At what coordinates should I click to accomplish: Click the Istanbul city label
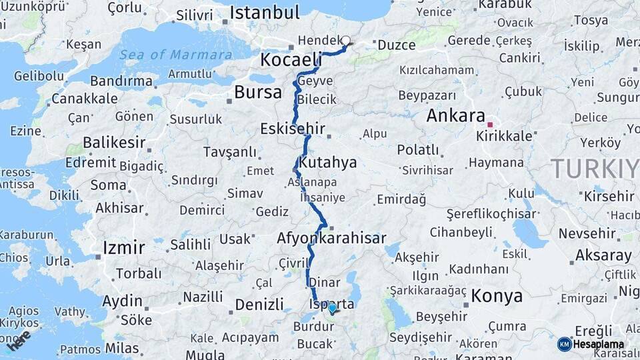tap(265, 13)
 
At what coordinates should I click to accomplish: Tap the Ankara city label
tap(455, 115)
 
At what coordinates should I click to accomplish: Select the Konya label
tap(497, 295)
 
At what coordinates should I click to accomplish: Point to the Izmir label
tap(123, 248)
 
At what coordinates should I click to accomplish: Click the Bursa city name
tap(258, 91)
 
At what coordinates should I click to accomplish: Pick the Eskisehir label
tap(293, 128)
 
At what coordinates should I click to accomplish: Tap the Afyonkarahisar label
tap(331, 238)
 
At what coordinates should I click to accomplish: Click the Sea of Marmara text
tap(176, 54)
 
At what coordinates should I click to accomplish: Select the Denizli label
tap(259, 305)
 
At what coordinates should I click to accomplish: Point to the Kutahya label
tap(328, 162)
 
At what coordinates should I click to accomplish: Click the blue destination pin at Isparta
tap(332, 307)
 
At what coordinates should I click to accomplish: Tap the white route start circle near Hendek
tap(346, 40)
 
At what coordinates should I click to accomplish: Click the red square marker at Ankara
tap(490, 125)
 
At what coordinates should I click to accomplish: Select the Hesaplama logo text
tap(599, 344)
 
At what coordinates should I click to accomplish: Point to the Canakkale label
tap(85, 99)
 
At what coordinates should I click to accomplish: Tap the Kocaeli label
tap(291, 59)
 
